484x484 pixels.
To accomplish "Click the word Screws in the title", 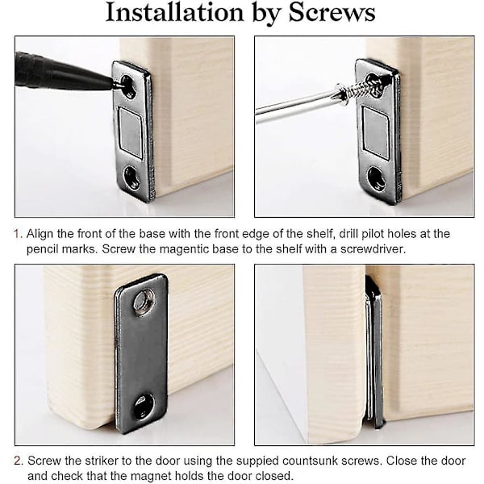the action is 332,12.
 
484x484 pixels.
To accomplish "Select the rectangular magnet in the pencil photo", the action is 131,129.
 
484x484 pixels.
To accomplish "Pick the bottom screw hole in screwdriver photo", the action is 376,177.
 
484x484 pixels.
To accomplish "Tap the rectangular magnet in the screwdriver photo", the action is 375,130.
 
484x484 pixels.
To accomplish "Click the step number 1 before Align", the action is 17,234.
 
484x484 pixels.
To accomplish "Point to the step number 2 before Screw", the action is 18,461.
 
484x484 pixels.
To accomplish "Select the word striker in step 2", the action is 102,461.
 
